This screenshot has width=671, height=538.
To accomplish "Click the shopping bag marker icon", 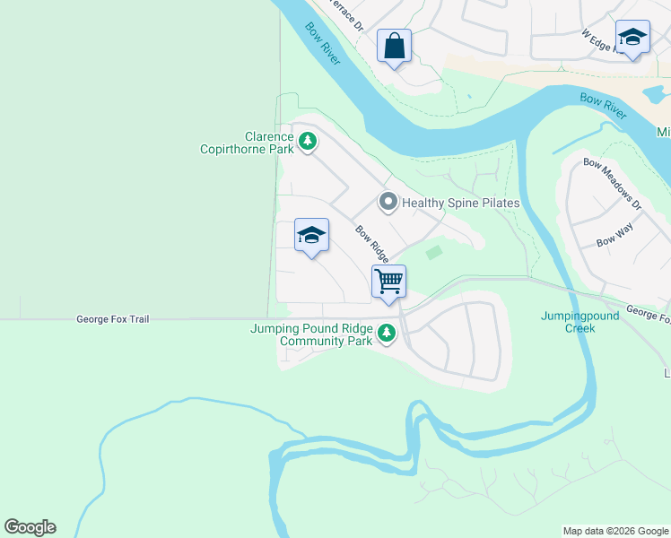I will coord(394,45).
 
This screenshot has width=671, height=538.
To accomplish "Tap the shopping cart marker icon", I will coord(388,281).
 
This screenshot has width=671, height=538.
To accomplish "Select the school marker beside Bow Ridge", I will coord(311,235).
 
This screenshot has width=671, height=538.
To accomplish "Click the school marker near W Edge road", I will coord(632,37).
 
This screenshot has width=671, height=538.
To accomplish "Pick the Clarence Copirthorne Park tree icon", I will coord(308,142).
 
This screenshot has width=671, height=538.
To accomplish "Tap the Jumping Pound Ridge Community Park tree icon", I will coord(387,334).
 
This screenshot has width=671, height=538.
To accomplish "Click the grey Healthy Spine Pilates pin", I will coord(388,203).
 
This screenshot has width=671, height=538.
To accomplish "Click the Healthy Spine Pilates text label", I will coord(460,204).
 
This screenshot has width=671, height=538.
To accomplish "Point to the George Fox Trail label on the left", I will coord(113,318).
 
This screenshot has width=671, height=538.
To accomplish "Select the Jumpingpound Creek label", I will coord(568,322).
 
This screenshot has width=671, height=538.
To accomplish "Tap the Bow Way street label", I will coord(615,241).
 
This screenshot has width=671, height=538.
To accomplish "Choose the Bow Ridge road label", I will coord(371,243).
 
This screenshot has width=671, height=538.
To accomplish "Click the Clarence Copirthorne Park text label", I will coord(245,143).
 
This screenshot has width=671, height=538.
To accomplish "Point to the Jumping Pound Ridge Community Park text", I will coord(311,334).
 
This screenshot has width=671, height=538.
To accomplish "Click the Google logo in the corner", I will coord(30,527).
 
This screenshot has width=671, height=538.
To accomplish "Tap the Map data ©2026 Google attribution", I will coord(615,531).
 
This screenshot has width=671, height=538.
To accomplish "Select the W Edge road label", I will coord(600,40).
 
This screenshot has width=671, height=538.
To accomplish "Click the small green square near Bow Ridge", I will coord(434,253).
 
